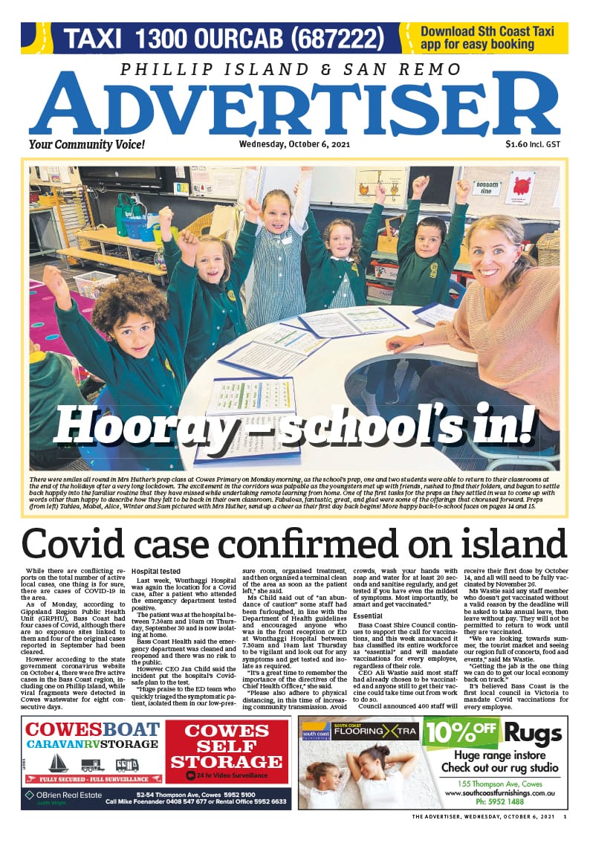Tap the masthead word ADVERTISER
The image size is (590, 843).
coord(294,108)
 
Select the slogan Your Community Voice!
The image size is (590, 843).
coord(77,145)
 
